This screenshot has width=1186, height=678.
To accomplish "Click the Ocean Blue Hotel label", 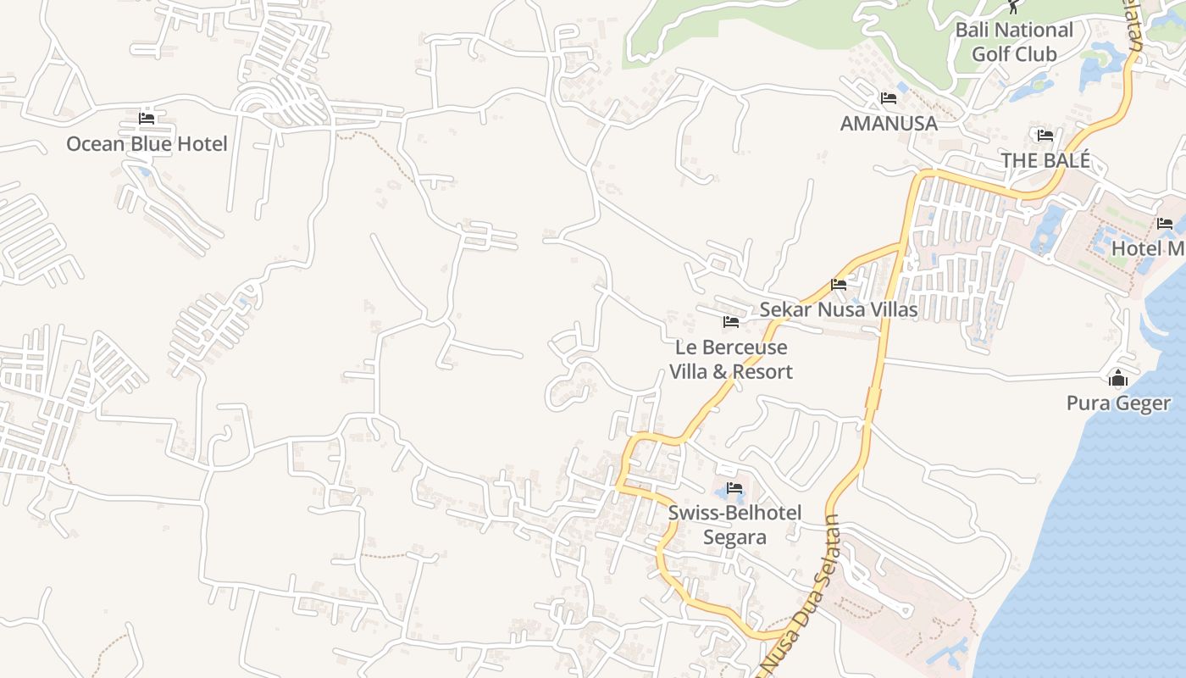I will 147,144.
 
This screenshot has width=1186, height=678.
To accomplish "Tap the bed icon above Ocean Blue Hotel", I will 147,118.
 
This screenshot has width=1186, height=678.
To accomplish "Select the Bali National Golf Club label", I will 1014,42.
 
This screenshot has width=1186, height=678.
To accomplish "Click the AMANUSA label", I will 889,124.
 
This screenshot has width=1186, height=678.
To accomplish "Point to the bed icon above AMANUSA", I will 889,98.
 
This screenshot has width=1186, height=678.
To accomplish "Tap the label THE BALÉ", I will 1045,160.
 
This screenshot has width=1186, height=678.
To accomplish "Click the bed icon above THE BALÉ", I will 1045,135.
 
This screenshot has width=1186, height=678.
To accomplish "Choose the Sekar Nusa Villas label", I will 838,309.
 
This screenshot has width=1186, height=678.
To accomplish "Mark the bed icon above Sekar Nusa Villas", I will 839,285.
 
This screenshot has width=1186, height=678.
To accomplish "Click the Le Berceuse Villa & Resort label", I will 731,359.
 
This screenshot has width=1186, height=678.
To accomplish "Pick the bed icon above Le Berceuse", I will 731,322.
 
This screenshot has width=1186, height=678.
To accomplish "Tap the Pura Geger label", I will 1118,403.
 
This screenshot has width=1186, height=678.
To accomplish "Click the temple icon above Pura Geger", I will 1118,378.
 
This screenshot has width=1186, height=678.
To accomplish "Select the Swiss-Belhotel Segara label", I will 734,525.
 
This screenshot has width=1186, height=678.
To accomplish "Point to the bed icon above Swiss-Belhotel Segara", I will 734,488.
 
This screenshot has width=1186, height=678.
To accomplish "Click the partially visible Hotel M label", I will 1148,248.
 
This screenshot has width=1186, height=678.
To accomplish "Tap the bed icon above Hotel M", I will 1165,224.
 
